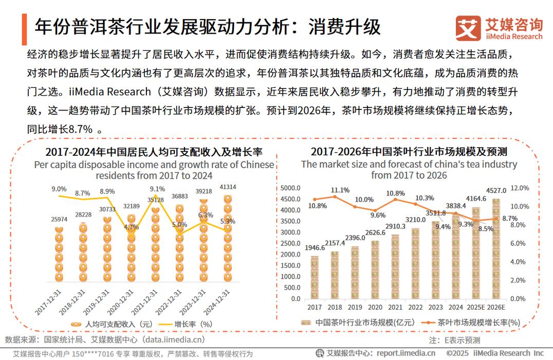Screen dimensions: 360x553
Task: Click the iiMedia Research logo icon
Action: tap(467, 28)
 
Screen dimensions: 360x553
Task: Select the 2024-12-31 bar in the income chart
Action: tap(227, 239)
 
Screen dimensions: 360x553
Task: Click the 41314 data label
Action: tap(228, 187)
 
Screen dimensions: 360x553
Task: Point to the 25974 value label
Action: tap(60, 219)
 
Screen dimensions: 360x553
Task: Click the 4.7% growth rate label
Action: tap(132, 227)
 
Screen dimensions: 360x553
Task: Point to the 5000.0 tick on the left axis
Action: tap(291, 188)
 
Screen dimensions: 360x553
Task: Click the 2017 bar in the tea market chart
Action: tap(315, 277)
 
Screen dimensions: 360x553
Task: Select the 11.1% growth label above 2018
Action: tap(340, 190)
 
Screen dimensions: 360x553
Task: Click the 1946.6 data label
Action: tap(315, 247)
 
